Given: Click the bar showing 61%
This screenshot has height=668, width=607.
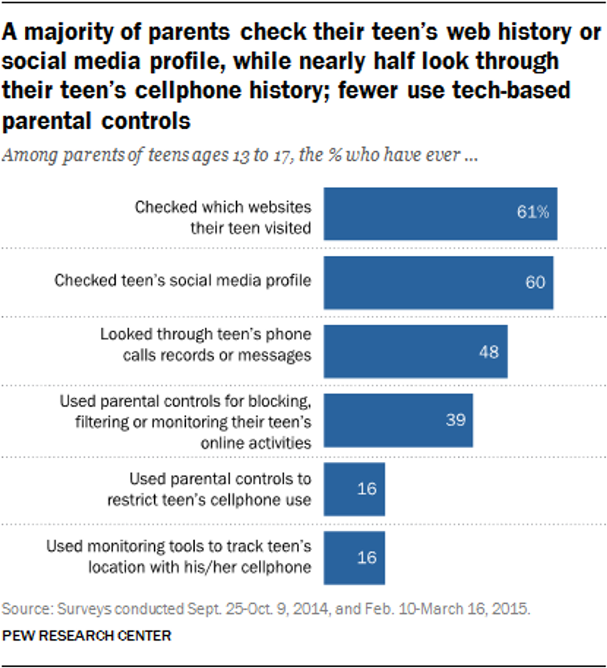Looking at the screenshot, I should [440, 214].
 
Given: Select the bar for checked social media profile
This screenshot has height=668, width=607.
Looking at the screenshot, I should [438, 282].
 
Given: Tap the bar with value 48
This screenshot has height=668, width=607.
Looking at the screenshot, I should [415, 351].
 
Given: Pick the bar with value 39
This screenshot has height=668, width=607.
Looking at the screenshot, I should [398, 420].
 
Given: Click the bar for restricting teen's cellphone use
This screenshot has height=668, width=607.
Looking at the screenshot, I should [354, 488].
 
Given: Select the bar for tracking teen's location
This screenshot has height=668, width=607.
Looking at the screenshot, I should [354, 557].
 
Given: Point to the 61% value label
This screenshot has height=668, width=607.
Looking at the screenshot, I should [533, 212].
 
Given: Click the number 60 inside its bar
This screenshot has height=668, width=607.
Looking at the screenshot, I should [535, 282].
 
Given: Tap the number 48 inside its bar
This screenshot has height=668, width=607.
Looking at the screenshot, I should [489, 351].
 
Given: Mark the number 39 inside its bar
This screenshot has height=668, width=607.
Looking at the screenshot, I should [455, 420].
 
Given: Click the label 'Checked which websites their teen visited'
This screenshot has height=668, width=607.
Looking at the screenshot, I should [223, 217].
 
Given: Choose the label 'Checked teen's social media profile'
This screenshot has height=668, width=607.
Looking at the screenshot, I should [183, 281].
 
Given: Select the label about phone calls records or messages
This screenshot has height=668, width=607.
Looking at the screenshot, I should [206, 345].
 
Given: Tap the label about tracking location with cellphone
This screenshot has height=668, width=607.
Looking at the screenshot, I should [179, 557].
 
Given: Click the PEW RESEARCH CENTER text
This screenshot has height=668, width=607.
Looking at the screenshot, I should [87, 635].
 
